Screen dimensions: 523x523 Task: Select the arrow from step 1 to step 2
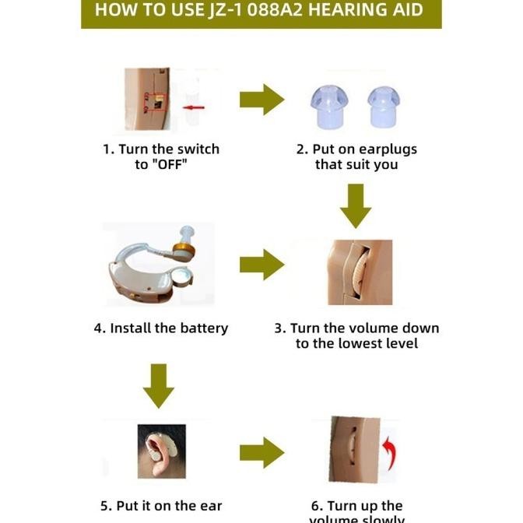(261, 100)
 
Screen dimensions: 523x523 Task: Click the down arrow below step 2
(356, 205)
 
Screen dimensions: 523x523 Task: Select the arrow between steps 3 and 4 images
(261, 265)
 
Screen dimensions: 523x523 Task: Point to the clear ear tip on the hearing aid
(186, 232)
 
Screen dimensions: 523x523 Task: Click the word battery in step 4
(203, 328)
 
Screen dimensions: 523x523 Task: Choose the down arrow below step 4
(159, 384)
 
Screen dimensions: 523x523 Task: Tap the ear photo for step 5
(161, 451)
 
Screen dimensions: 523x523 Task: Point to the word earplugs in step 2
(389, 149)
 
